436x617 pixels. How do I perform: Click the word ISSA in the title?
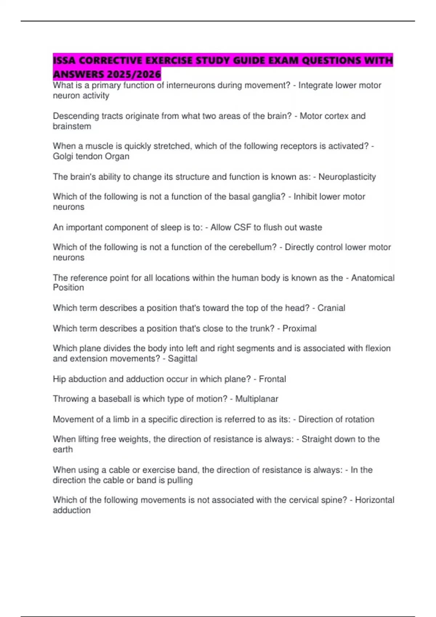click(64, 60)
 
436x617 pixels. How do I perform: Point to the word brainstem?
click(72, 126)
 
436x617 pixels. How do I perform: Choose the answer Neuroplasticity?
click(347, 177)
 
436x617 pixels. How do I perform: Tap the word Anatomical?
click(372, 278)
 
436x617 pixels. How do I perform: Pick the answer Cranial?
click(331, 308)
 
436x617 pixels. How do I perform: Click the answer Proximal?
click(299, 328)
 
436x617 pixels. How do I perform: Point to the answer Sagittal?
click(182, 359)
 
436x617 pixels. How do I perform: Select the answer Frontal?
click(272, 379)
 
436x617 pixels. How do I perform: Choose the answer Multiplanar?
click(257, 399)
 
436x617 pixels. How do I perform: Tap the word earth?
click(63, 449)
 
